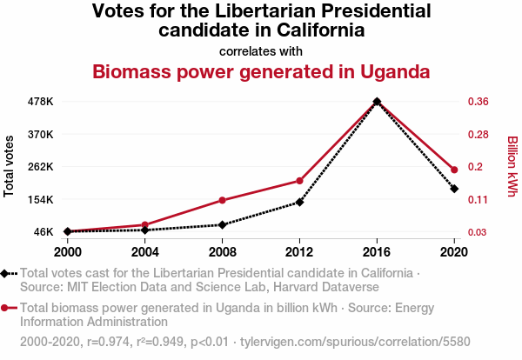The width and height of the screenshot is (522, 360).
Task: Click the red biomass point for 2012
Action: click(x=299, y=181)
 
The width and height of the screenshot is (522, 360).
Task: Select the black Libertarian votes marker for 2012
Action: click(x=299, y=202)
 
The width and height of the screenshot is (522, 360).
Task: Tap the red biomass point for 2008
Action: click(x=223, y=200)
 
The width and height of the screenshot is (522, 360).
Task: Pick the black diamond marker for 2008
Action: click(x=223, y=225)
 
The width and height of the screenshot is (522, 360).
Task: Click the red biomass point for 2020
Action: click(x=454, y=170)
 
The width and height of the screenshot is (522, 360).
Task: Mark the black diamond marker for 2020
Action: click(x=454, y=189)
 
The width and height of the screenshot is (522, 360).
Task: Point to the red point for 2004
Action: click(x=144, y=225)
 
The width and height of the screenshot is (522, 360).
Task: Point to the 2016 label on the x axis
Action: click(x=377, y=252)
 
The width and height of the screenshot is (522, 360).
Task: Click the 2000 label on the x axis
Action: click(x=67, y=252)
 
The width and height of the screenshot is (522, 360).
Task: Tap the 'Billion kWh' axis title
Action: click(x=512, y=166)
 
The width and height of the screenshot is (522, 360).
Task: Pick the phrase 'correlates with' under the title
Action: click(x=261, y=51)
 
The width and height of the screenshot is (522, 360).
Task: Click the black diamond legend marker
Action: click(x=6, y=274)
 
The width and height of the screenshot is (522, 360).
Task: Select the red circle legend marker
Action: click(x=6, y=308)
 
